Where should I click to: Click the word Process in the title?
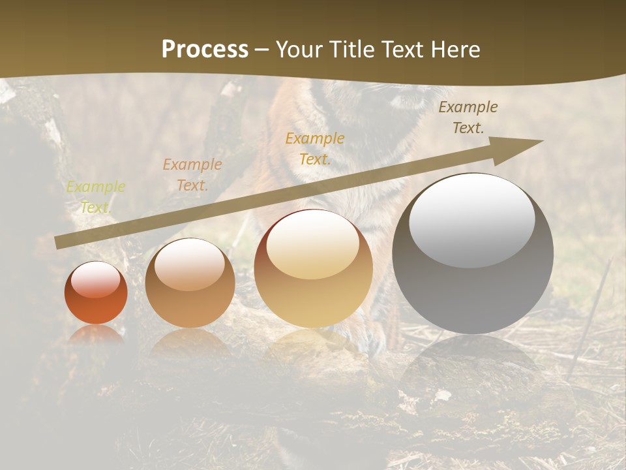[x=205, y=50]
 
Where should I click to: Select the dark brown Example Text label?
[x=468, y=117]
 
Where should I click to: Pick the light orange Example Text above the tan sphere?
[x=192, y=175]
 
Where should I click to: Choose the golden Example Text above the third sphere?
[x=315, y=149]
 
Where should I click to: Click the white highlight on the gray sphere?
[x=471, y=219]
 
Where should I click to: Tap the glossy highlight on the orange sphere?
[x=96, y=279]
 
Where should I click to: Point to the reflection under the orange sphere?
[x=96, y=334]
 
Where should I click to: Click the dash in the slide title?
[x=261, y=50]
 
